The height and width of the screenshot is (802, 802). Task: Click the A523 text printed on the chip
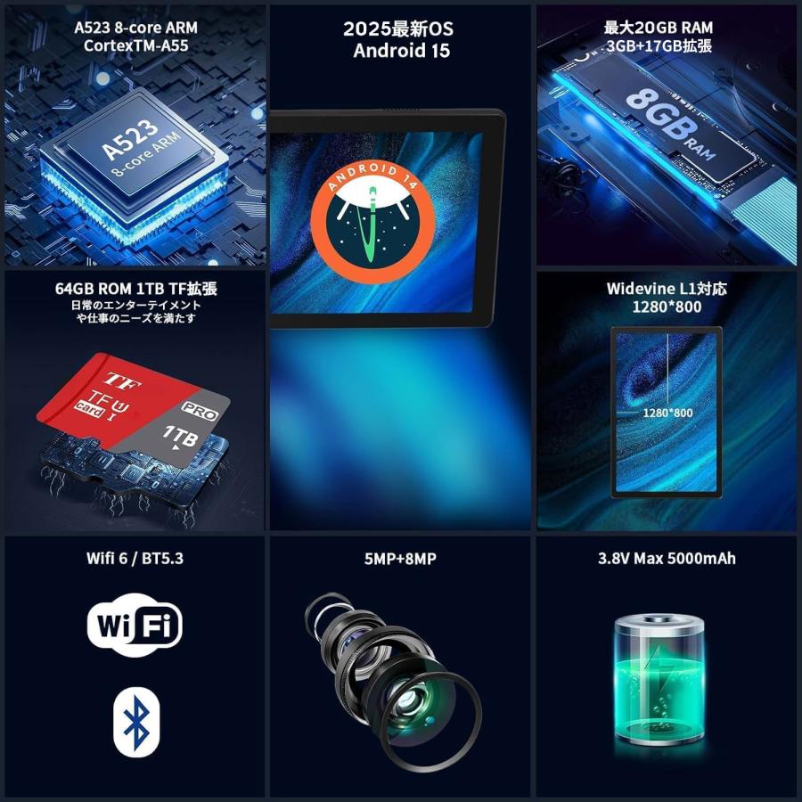coord(129,139)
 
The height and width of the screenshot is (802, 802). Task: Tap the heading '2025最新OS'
coord(398,29)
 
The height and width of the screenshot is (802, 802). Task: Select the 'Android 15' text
coord(402,51)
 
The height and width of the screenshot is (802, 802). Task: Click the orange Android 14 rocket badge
coord(372,221)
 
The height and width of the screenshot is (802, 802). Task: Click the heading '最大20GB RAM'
coord(659,28)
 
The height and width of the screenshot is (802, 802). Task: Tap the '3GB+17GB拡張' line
coord(659,46)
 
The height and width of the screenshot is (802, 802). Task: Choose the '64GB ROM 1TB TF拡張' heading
coord(136,289)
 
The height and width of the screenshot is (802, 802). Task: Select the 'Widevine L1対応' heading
coord(667,289)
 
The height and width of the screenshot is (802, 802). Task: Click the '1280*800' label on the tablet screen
coord(667,413)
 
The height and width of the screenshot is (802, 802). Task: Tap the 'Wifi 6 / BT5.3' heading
coord(135,558)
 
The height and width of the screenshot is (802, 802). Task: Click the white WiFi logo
coord(135,625)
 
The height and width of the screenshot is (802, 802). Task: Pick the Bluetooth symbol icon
coord(136,722)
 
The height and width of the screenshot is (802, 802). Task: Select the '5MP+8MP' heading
coord(400,559)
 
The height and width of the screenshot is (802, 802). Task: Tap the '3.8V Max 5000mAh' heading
coord(667,558)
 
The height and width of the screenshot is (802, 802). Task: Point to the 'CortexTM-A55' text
coord(136,45)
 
